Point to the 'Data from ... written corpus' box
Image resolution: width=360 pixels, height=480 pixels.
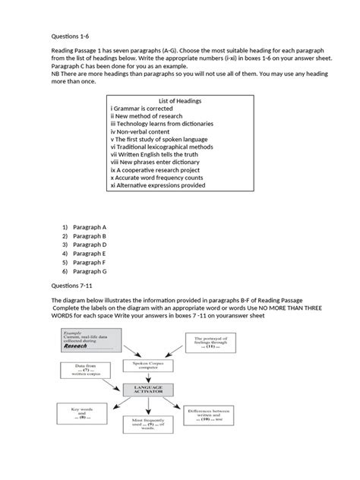(x=82, y=371)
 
